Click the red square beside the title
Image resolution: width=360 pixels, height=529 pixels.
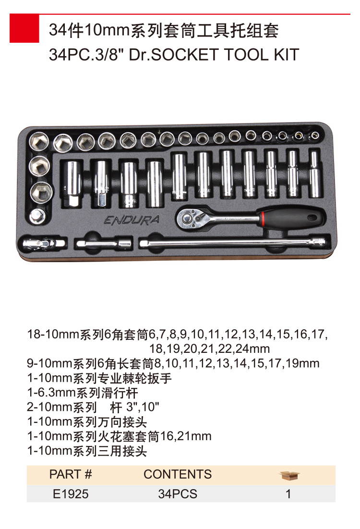pyautogui.click(x=24, y=28)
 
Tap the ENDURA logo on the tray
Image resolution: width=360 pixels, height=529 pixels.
pyautogui.click(x=132, y=220)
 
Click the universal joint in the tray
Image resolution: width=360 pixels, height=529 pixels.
pyautogui.click(x=43, y=243)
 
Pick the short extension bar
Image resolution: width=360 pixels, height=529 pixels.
pyautogui.click(x=103, y=243)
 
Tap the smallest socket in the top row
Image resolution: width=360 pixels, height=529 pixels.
pyautogui.click(x=315, y=136)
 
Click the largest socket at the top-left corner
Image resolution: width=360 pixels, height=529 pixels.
pyautogui.click(x=39, y=141)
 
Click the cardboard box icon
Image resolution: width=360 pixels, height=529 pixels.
pyautogui.click(x=289, y=475)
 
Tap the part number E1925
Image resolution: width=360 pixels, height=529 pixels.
pyautogui.click(x=71, y=494)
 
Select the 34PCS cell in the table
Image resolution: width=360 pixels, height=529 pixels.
pyautogui.click(x=178, y=494)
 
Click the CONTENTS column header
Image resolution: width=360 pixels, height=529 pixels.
pyautogui.click(x=178, y=474)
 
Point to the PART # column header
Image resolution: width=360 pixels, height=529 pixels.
pyautogui.click(x=71, y=474)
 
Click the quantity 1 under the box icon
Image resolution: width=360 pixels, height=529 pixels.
pyautogui.click(x=288, y=494)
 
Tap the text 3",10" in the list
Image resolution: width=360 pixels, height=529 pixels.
pyautogui.click(x=143, y=407)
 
